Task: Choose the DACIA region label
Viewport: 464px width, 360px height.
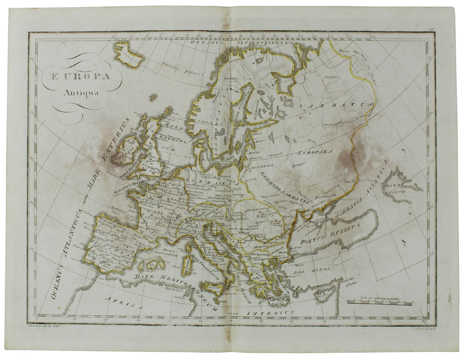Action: tap(261, 216)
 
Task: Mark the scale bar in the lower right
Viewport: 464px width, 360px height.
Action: tap(379, 303)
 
